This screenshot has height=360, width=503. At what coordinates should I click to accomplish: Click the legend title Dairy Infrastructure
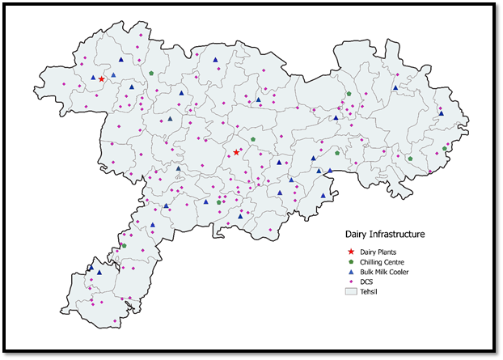pos(384,234)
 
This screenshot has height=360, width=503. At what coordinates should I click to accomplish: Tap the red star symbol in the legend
pos(351,252)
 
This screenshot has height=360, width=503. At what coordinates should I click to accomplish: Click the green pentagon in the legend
pos(351,262)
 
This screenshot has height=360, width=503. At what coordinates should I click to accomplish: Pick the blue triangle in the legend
pos(351,272)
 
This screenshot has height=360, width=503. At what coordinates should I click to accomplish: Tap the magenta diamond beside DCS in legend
pos(351,282)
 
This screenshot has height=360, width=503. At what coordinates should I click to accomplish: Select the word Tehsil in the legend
pos(370,291)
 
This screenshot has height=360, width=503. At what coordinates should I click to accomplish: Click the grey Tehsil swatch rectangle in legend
pos(351,291)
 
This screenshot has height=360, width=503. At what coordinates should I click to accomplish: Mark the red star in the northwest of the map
pos(102,79)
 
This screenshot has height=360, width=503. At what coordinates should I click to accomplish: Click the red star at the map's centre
pos(236,153)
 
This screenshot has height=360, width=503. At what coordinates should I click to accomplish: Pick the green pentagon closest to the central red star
pos(252,139)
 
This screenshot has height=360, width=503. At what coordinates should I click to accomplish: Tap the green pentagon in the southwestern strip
pos(124,246)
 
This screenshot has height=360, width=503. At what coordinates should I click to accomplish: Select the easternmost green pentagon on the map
pos(445,149)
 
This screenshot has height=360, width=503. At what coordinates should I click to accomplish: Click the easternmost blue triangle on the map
pos(441,113)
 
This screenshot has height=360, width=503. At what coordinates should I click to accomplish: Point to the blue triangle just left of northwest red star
pos(93,78)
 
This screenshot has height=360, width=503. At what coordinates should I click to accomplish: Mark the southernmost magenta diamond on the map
pos(115,321)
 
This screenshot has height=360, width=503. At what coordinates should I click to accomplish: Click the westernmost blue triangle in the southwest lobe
pos(91,267)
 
